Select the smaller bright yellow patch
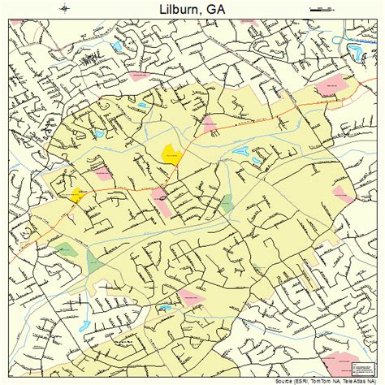click(x=77, y=194)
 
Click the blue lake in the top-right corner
click(x=356, y=53)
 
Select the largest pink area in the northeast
click(x=335, y=84)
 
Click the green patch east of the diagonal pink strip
click(x=227, y=203)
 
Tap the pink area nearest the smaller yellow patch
click(x=103, y=173)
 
